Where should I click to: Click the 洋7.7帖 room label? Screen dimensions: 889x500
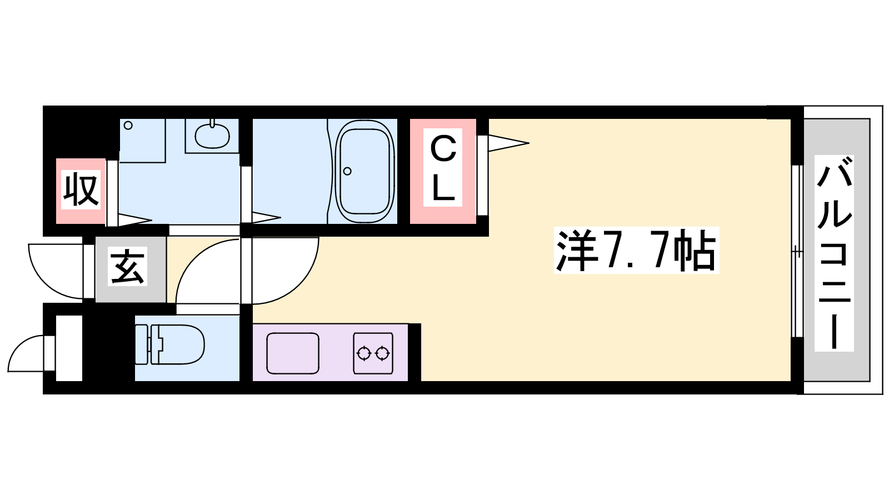pos(636,250)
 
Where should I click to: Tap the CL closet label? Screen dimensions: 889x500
pos(443,167)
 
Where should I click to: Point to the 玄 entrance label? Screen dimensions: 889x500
pos(127,266)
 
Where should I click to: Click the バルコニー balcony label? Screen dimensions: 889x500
pos(834,253)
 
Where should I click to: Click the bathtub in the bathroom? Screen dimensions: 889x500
pos(364,172)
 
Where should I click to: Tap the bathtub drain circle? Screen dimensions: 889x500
pos(347,172)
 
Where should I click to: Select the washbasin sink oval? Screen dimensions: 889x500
pos(212,136)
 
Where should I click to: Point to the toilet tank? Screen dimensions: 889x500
pos(142,344)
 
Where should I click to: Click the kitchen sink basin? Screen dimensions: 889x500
pos(293,353)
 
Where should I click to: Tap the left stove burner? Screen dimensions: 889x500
pos(363,353)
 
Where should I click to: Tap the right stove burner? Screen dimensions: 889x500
pos(382,353)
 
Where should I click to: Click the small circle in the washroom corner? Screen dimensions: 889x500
pos(128,126)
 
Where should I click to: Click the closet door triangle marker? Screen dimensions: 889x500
pos(508,143)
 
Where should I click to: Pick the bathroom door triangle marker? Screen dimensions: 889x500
pos(266,217)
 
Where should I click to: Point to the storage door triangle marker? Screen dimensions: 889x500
pos(135,220)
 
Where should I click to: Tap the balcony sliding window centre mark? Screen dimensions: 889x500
pos(797,251)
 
